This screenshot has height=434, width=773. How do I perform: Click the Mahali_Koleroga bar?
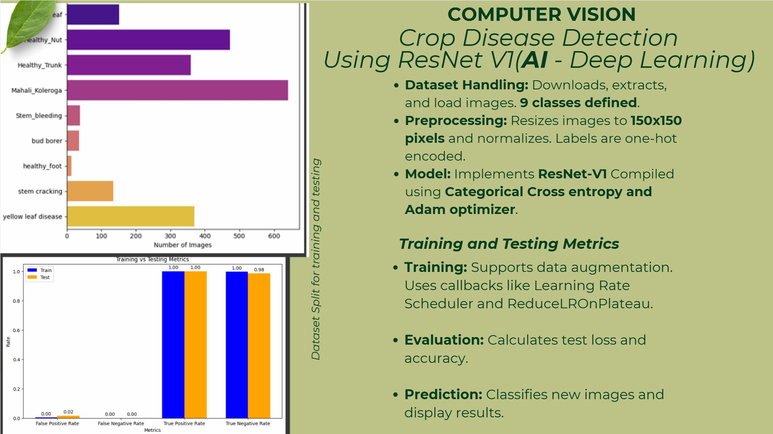177,90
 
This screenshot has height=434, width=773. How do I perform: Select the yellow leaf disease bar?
131,216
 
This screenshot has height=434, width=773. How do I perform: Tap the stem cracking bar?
90,191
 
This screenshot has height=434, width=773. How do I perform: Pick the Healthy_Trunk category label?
39,65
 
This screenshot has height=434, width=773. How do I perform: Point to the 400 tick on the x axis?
205,236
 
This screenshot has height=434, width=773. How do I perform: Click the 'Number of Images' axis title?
183,245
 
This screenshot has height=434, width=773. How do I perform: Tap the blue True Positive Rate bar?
173,345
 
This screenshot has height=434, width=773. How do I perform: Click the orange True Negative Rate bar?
259,345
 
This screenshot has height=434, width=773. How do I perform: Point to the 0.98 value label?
259,270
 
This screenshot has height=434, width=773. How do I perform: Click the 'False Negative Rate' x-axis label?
121,423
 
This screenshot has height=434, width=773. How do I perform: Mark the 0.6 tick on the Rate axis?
16,330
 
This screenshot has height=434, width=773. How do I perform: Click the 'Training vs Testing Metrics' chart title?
152,259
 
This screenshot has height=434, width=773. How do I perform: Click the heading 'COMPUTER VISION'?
541,14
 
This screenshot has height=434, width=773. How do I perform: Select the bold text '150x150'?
656,120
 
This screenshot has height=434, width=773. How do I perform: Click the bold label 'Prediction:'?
443,395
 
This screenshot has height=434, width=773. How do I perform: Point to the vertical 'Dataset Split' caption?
316,259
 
